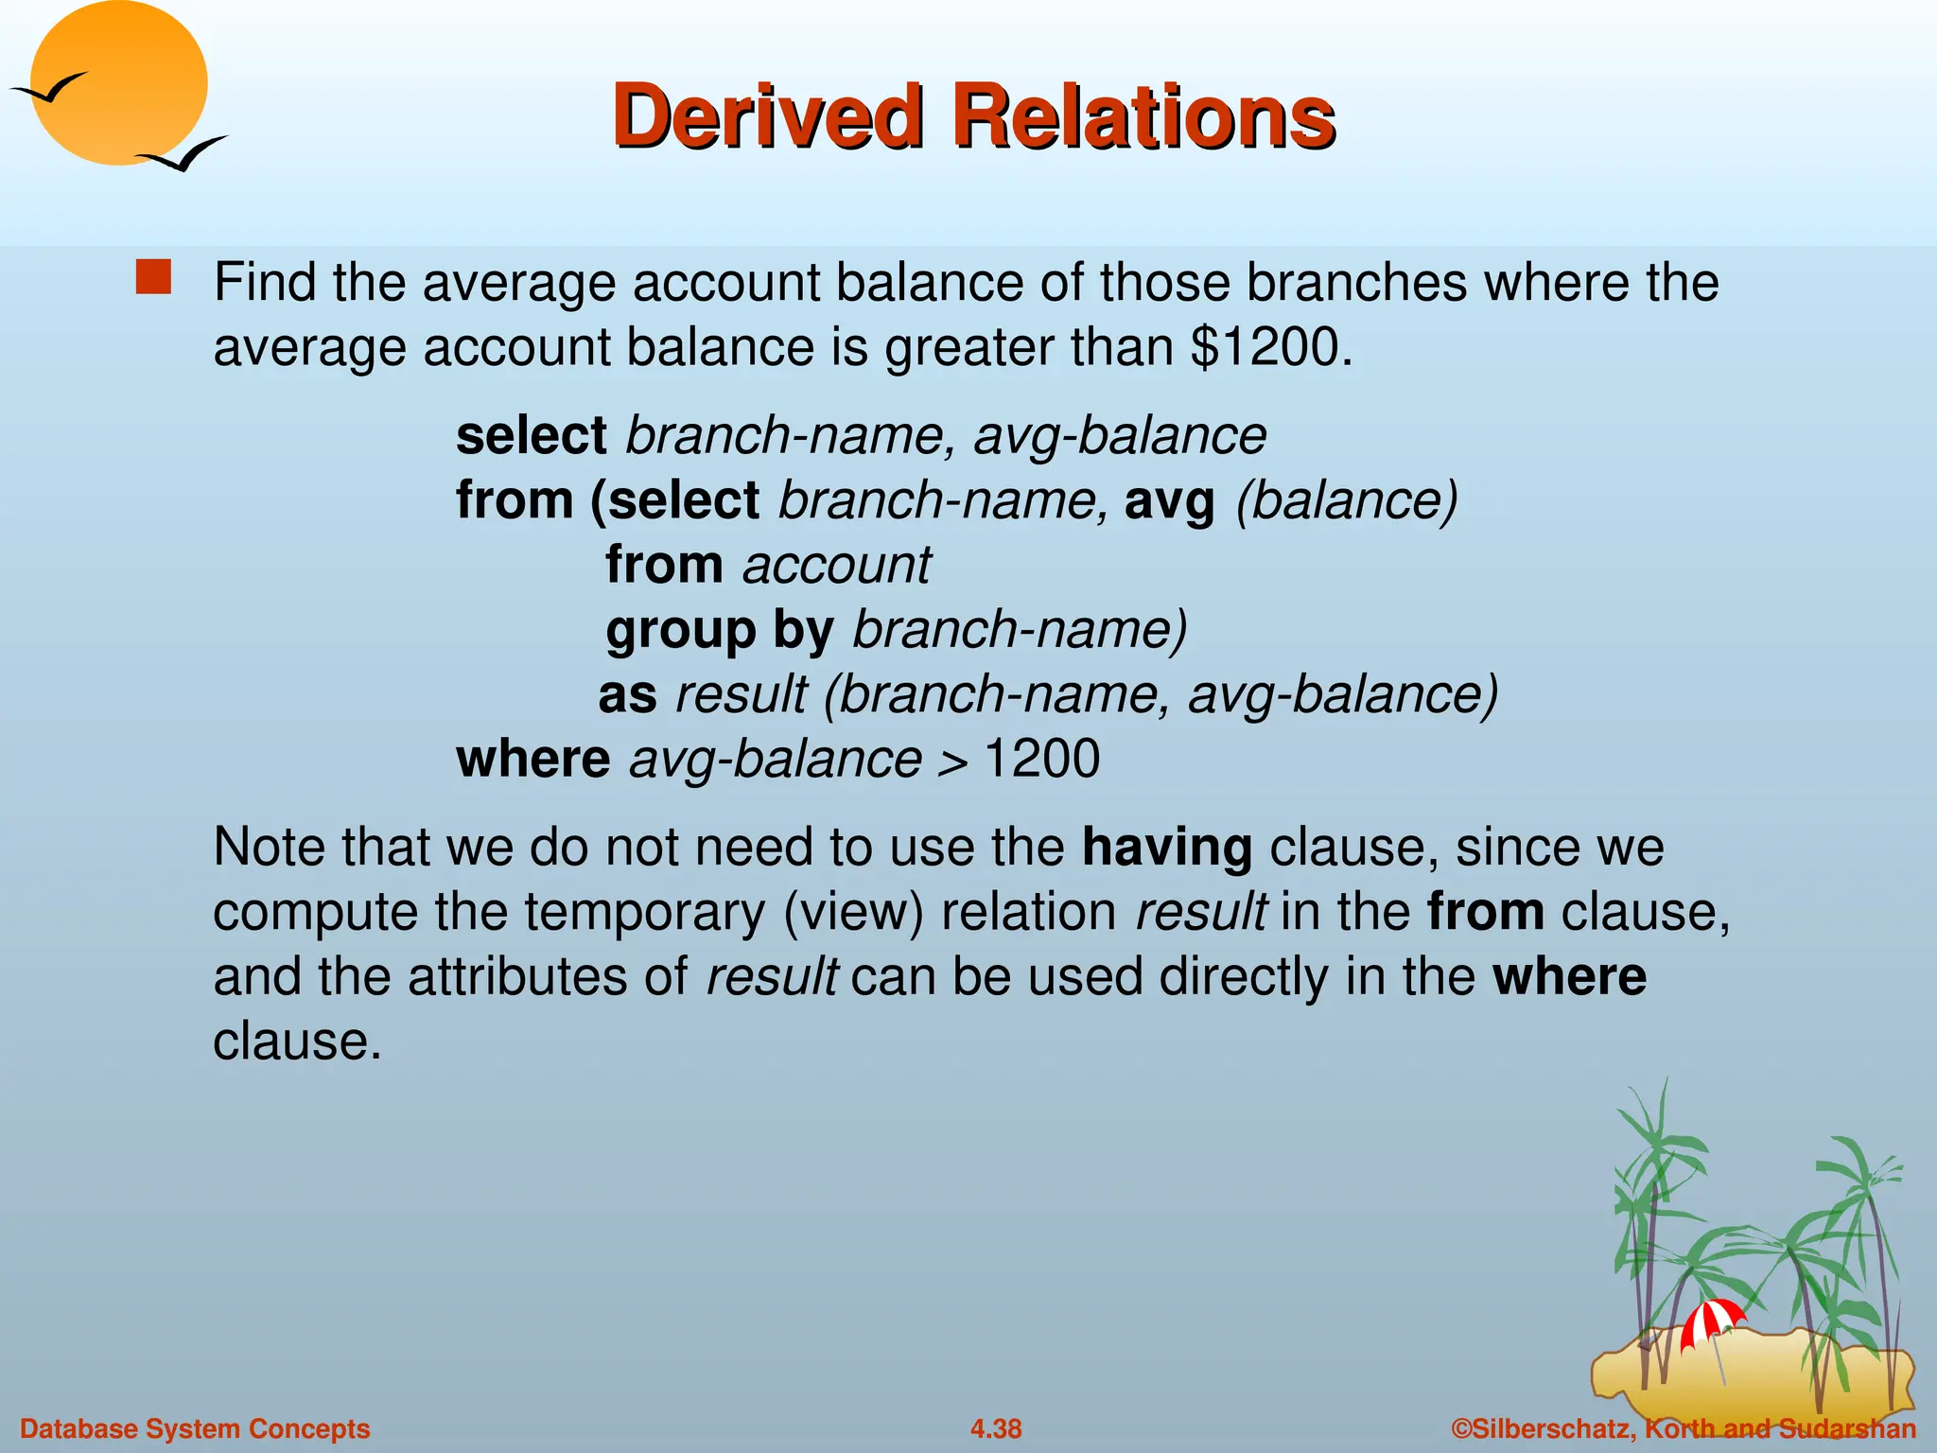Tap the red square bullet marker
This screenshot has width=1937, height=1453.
(153, 278)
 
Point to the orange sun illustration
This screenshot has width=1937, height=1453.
(118, 80)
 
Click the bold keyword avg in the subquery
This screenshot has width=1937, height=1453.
(1169, 500)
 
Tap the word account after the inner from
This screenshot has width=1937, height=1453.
(836, 566)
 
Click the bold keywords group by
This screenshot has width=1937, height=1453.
(719, 631)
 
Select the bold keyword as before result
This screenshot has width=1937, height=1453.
(627, 695)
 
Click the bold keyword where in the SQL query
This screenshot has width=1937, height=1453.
(532, 760)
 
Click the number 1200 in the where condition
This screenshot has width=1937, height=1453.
(1041, 760)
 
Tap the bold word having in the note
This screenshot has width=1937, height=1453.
(1166, 848)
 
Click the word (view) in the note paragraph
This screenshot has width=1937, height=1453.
(853, 913)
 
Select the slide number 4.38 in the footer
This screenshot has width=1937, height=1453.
(996, 1428)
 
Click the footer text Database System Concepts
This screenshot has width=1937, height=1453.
(195, 1428)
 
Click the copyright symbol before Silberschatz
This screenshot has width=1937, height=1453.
(1461, 1428)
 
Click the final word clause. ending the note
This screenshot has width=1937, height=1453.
(296, 1042)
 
